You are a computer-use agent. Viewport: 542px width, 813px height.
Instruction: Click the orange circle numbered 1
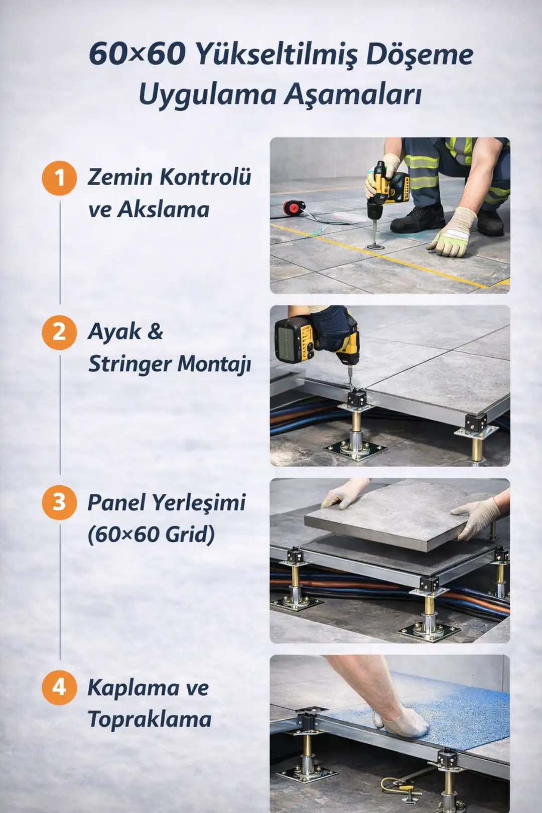59,178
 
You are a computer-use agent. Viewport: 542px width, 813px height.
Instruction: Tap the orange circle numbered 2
59,332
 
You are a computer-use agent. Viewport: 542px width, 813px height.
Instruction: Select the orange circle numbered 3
59,502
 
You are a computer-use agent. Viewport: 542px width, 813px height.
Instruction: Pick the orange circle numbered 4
59,687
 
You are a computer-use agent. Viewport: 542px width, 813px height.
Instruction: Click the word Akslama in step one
163,210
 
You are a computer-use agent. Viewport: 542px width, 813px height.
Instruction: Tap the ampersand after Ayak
156,332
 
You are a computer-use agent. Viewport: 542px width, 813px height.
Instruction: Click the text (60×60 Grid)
151,534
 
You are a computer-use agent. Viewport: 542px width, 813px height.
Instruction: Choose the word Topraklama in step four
150,720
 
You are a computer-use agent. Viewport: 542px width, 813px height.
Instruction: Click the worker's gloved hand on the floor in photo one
450,236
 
